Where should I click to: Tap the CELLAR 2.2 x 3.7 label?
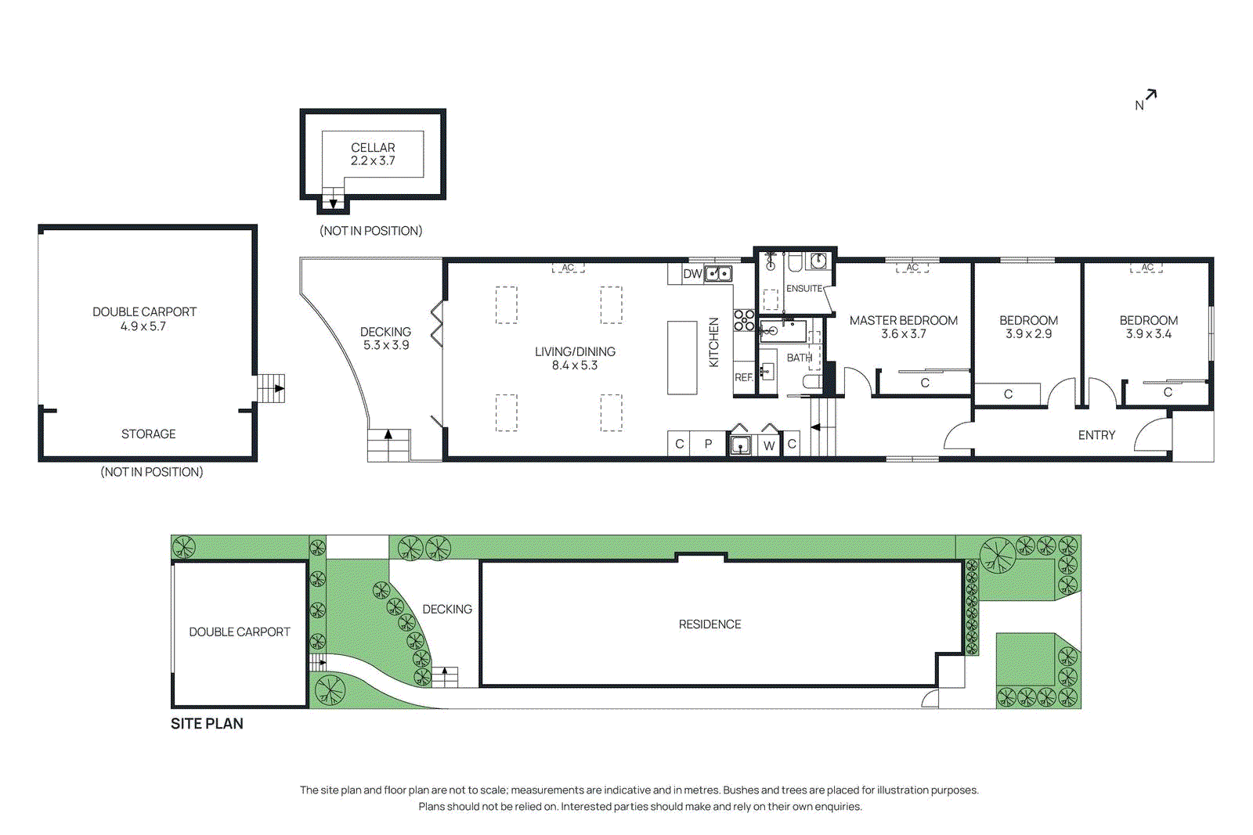[x=373, y=154]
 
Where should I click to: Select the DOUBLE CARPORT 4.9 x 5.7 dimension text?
[x=143, y=326]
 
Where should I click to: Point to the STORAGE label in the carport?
[x=148, y=434]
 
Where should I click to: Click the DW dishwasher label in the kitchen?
[x=692, y=274]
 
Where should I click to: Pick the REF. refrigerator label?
[x=743, y=377]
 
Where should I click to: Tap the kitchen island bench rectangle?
[x=682, y=357]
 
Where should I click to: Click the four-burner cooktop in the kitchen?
[x=744, y=320]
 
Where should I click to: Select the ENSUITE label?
[x=804, y=289]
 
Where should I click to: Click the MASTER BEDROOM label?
[x=904, y=321]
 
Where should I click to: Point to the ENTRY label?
[x=1096, y=435]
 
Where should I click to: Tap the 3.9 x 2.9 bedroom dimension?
[x=1028, y=334]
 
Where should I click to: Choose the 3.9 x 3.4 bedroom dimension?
[x=1149, y=334]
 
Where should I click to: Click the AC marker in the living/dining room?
[x=568, y=268]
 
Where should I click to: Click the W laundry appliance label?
[x=769, y=446]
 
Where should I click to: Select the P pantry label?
[x=708, y=444]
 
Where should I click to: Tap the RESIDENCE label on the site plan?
[x=710, y=624]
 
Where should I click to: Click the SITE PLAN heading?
[x=207, y=724]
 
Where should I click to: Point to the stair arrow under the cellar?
[x=333, y=203]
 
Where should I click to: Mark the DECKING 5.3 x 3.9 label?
[x=385, y=338]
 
